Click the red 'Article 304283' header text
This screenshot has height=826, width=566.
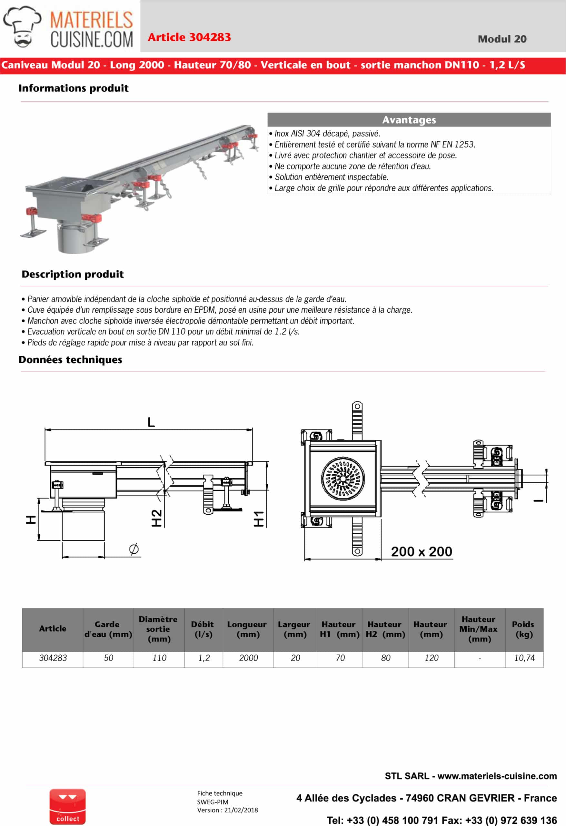point(189,37)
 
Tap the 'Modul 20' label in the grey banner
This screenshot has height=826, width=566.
point(502,39)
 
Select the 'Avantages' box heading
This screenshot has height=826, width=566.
point(409,120)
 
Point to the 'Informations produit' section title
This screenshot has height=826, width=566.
point(74,88)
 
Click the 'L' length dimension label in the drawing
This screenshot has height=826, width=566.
point(151,422)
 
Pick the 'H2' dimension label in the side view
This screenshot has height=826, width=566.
point(157,518)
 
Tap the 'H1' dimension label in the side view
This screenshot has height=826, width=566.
point(259,519)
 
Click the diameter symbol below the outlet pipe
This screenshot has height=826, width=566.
point(134,549)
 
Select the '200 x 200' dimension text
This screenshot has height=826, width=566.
point(422,552)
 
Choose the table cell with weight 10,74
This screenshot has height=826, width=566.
point(524,658)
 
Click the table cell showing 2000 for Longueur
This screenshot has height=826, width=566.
point(248,658)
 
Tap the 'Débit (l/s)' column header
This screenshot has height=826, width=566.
point(203,629)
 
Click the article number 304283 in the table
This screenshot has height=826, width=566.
point(53,658)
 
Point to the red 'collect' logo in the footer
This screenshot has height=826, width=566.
point(67,806)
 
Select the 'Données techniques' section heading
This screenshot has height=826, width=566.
point(70,360)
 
